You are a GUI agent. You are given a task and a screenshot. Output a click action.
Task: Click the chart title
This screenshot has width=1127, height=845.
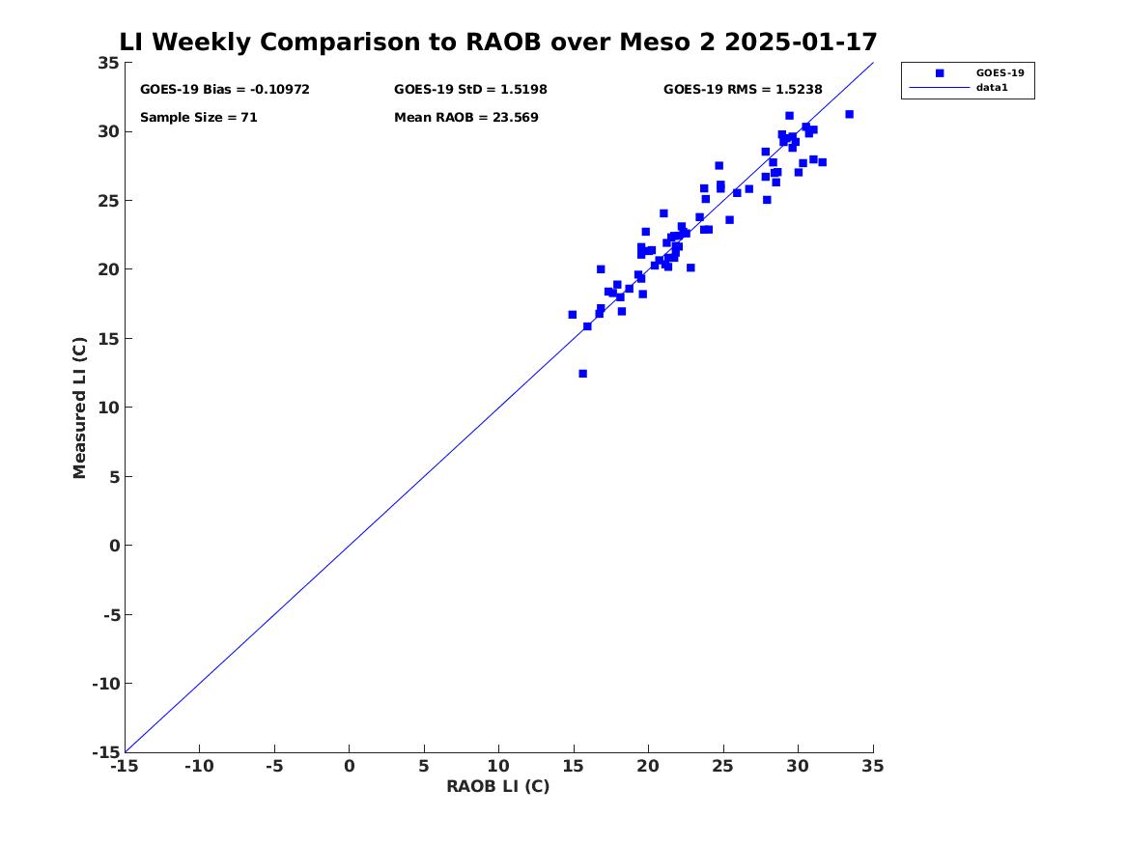tap(498, 42)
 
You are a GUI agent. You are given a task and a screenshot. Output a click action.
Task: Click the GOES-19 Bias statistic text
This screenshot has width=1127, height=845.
tap(225, 90)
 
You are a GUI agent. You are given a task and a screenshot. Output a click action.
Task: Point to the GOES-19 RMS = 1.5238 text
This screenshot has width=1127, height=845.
tap(743, 90)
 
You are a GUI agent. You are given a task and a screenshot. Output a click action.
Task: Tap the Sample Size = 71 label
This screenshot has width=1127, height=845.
tap(199, 118)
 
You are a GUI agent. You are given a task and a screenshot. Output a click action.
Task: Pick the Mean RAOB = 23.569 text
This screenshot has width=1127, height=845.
tap(466, 118)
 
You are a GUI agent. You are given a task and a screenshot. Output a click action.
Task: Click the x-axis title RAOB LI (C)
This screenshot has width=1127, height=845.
tap(497, 787)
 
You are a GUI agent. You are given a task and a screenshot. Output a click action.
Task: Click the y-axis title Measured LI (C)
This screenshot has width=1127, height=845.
tap(80, 408)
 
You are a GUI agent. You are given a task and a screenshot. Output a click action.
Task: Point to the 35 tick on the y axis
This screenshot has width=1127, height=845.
tap(108, 63)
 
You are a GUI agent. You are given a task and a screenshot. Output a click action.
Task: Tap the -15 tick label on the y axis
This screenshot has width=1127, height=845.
tap(104, 752)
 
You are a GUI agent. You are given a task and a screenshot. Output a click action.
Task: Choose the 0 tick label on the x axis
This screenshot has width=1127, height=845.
tap(350, 767)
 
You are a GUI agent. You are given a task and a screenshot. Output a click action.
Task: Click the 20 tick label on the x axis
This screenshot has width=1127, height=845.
tap(648, 767)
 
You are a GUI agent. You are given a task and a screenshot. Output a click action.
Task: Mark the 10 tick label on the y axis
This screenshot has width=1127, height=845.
tap(108, 408)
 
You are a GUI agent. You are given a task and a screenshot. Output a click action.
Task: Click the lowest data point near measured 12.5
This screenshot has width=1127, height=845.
tap(582, 374)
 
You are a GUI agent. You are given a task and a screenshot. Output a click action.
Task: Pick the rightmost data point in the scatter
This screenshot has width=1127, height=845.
tap(849, 114)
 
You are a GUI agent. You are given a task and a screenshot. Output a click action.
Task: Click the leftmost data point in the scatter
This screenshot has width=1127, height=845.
tap(572, 315)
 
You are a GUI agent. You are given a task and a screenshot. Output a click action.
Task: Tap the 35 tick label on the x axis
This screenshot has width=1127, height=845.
tap(872, 767)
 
